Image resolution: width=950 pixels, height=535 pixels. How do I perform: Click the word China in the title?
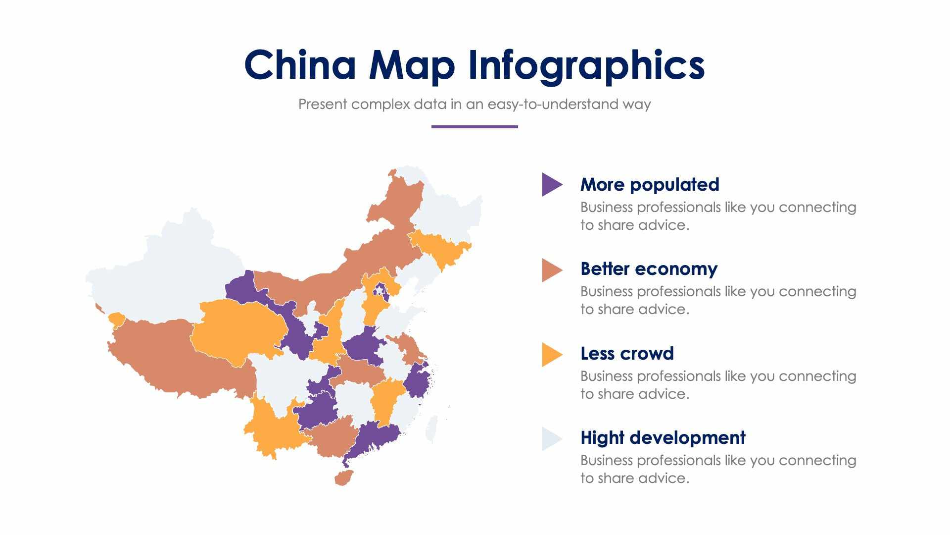pyautogui.click(x=300, y=65)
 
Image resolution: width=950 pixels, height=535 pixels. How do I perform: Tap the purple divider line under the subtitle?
pyautogui.click(x=474, y=127)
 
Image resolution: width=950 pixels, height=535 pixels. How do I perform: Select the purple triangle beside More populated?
pyautogui.click(x=550, y=184)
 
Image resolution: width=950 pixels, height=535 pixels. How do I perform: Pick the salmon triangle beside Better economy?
pyautogui.click(x=550, y=270)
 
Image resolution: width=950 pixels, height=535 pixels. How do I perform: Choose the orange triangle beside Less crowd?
pyautogui.click(x=550, y=355)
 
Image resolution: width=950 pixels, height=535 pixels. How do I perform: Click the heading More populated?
pyautogui.click(x=649, y=184)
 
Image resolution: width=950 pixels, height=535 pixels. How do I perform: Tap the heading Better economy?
pyautogui.click(x=648, y=269)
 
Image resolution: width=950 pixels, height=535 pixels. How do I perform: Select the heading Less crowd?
pyautogui.click(x=626, y=354)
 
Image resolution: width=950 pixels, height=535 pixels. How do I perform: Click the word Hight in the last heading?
pyautogui.click(x=600, y=438)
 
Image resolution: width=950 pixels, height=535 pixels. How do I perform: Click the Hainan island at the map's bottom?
pyautogui.click(x=343, y=478)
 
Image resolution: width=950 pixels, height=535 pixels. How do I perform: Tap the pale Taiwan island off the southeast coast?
pyautogui.click(x=431, y=428)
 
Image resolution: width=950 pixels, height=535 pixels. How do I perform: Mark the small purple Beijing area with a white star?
pyautogui.click(x=380, y=291)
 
